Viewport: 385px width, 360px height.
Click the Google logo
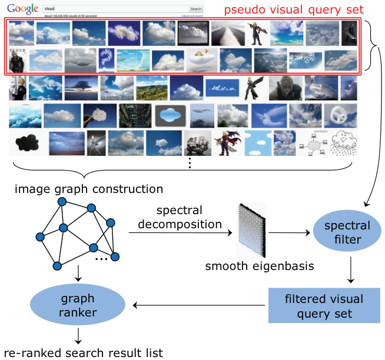(22, 9)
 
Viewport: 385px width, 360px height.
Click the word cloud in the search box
(51, 9)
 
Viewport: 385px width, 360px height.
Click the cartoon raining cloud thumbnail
(343, 143)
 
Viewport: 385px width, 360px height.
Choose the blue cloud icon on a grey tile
(170, 115)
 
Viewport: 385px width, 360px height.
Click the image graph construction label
(89, 189)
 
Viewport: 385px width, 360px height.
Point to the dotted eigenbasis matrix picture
(251, 231)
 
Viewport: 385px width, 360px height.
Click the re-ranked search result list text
(82, 352)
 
